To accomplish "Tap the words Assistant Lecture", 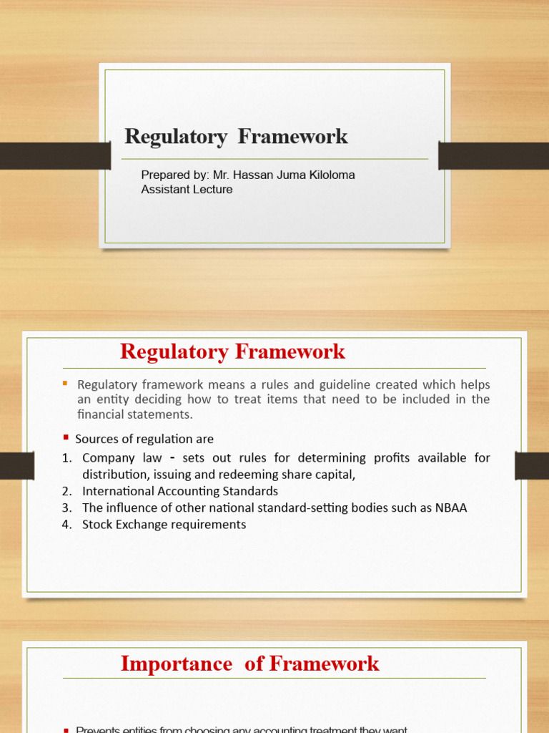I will tap(187, 190).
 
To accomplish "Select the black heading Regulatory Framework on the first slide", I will tap(236, 136).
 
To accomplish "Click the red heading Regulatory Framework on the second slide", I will tap(232, 351).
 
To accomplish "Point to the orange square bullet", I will tap(65, 384).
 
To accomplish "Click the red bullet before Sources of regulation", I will tap(65, 437).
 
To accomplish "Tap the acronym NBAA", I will tap(447, 508).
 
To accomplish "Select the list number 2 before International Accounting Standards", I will tap(66, 491).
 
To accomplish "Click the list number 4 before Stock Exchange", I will tap(66, 525).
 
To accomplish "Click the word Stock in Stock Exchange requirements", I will tap(98, 525).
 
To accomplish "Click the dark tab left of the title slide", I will tap(54, 155).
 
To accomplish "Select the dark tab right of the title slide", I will tap(493, 155).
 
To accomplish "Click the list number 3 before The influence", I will tap(66, 508).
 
